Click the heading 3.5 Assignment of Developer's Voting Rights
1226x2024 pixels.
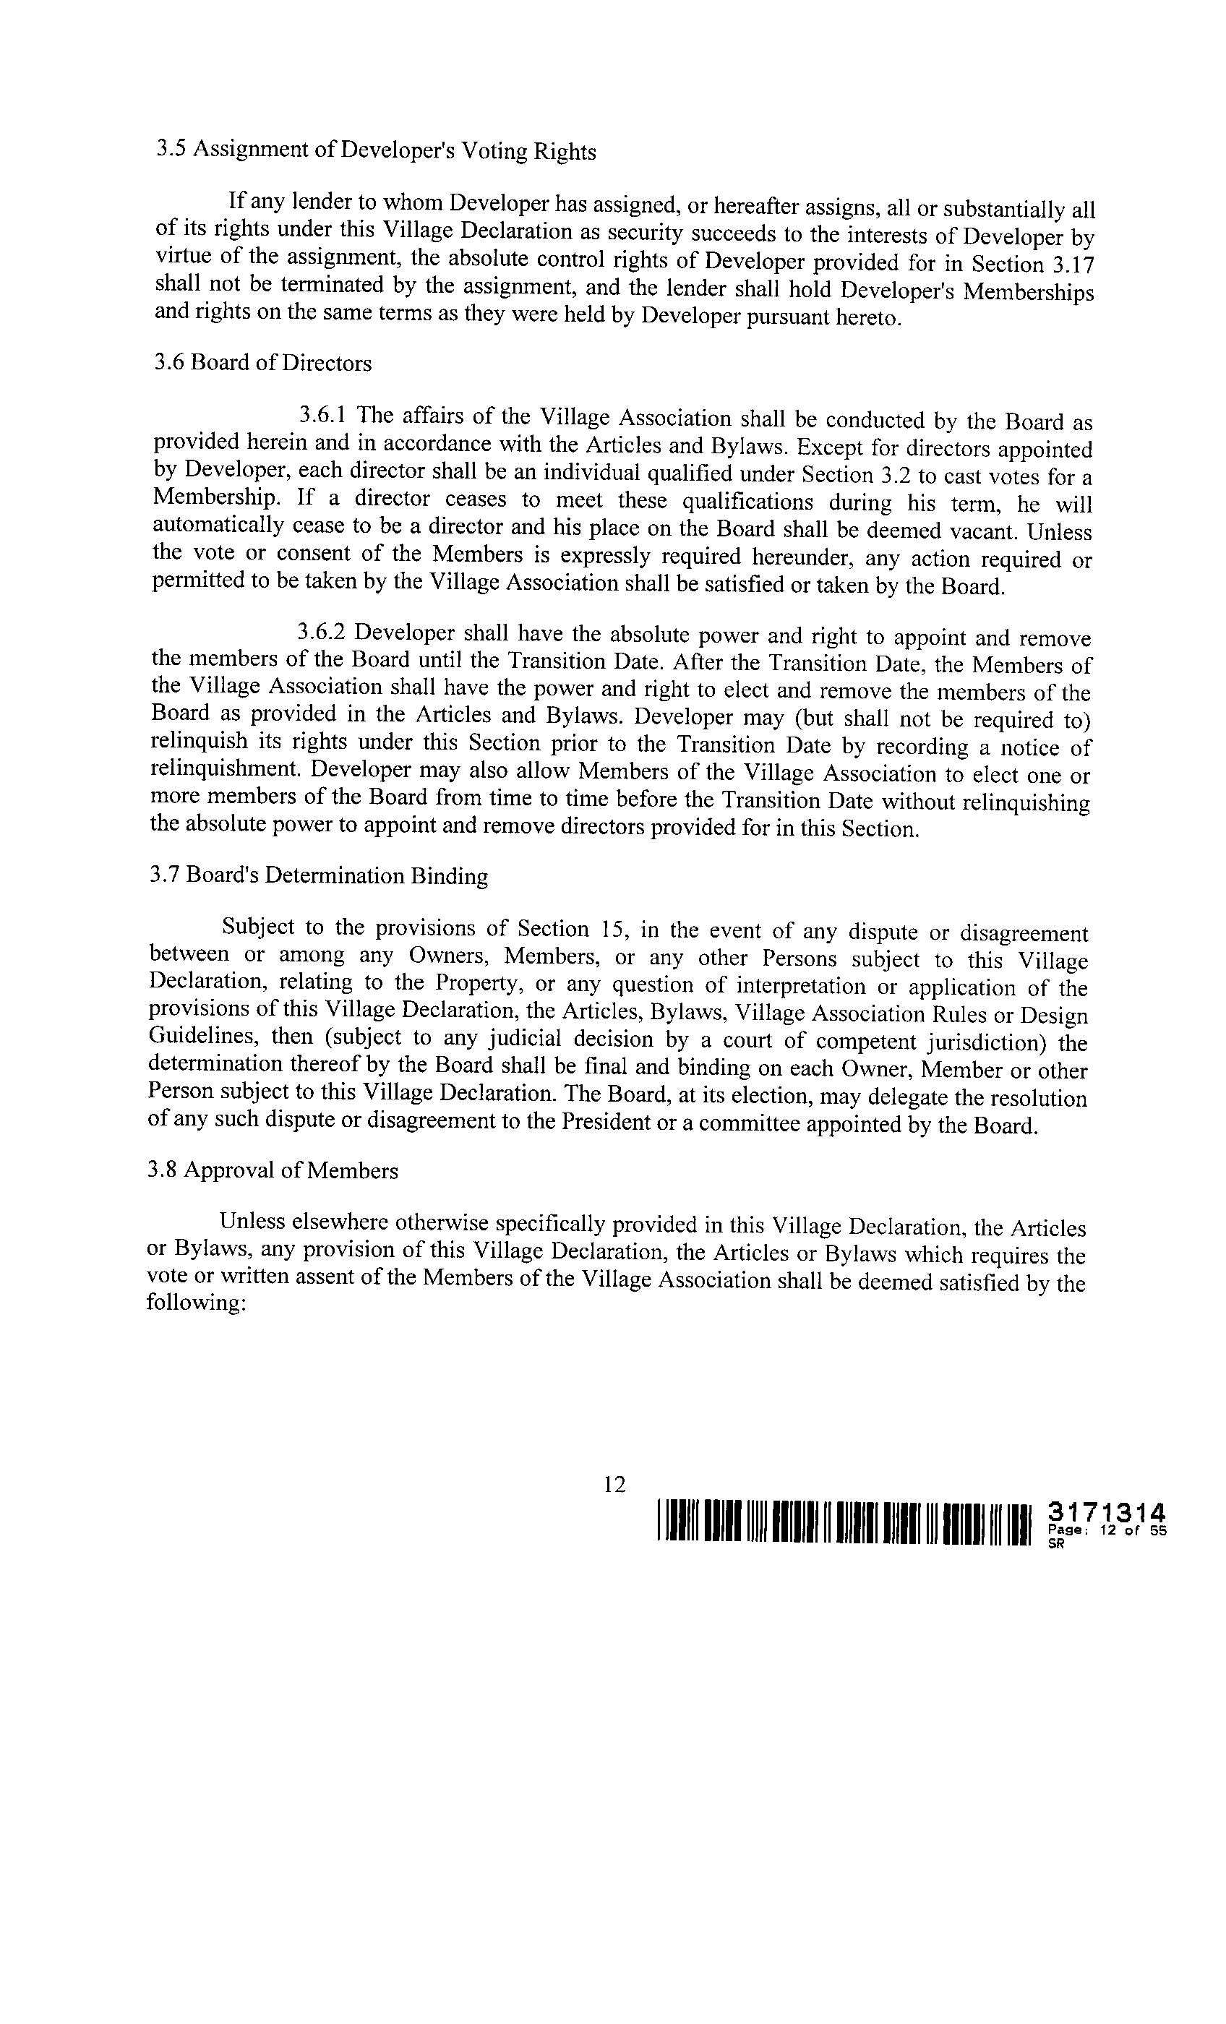(377, 150)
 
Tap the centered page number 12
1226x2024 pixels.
(614, 1483)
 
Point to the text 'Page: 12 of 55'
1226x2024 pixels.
(1107, 1530)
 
